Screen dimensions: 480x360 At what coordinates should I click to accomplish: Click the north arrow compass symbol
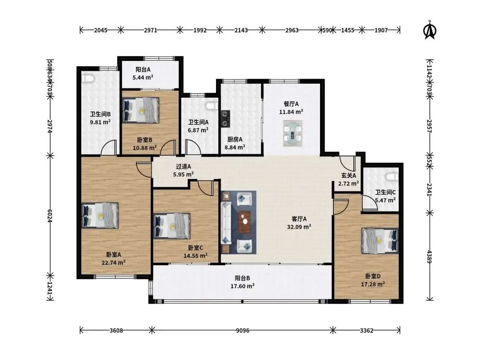click(430, 30)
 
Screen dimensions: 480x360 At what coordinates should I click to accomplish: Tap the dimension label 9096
click(243, 331)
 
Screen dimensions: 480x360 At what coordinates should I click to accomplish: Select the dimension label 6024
click(50, 216)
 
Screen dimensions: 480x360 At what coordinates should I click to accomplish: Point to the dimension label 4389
click(429, 257)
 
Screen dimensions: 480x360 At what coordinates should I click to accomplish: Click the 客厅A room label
click(299, 219)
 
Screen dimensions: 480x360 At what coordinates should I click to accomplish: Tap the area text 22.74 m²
click(113, 262)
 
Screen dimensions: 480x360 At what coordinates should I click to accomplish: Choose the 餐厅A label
click(291, 104)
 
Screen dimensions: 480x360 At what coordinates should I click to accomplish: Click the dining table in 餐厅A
click(292, 133)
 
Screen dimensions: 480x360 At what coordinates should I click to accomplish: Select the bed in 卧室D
click(380, 240)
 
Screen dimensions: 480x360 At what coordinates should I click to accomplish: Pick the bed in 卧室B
click(141, 110)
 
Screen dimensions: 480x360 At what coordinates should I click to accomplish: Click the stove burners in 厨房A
click(226, 119)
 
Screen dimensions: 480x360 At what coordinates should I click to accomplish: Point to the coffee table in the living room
click(244, 222)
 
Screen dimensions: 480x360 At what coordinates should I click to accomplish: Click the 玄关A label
click(349, 176)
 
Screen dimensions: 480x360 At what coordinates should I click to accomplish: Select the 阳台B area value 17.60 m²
click(243, 286)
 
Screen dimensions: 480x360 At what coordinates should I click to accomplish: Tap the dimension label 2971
click(150, 30)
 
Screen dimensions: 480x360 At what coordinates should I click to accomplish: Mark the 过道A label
click(184, 167)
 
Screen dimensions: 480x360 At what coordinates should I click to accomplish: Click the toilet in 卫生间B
click(88, 78)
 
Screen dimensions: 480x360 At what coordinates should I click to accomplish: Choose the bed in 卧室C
click(172, 226)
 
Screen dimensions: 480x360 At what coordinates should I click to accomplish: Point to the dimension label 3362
click(366, 331)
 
